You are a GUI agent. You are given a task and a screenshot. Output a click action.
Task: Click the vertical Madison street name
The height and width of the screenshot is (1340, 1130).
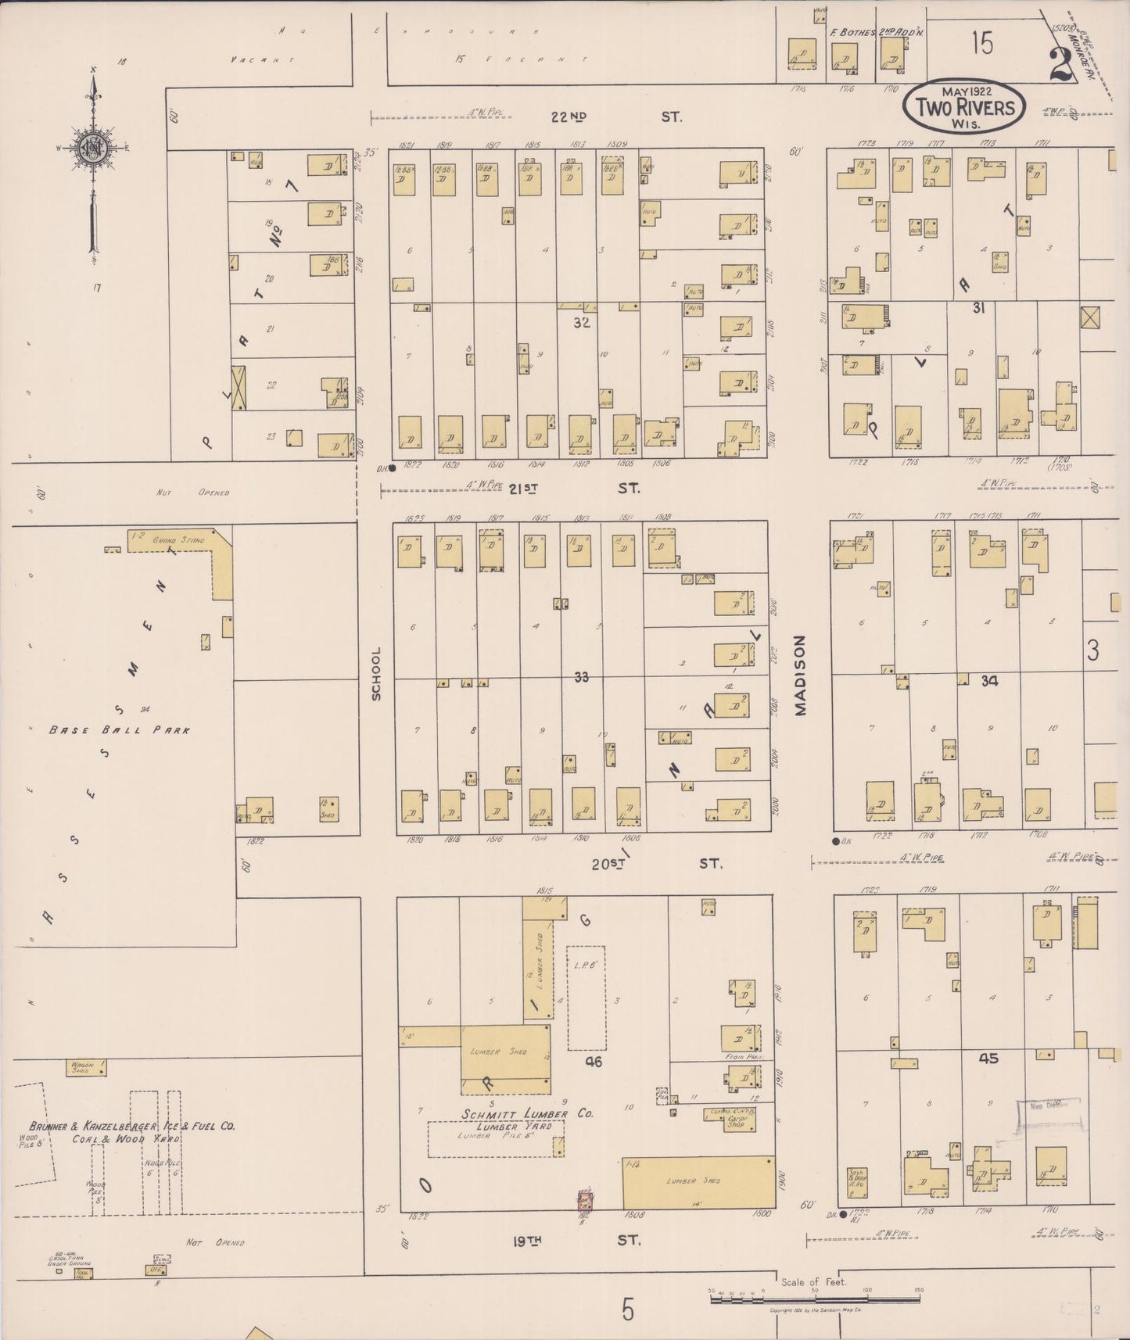[x=800, y=674]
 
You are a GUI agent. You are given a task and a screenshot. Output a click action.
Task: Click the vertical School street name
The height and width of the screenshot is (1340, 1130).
[x=376, y=673]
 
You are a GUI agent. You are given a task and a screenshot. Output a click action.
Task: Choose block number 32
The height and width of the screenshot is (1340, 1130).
[x=581, y=321]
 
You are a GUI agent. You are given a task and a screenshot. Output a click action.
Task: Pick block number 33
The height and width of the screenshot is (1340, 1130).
[x=581, y=677]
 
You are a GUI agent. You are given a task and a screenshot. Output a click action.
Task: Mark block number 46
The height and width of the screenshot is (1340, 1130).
[x=594, y=1062]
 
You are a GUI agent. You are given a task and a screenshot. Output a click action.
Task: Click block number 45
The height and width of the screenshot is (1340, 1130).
[x=988, y=1058]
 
